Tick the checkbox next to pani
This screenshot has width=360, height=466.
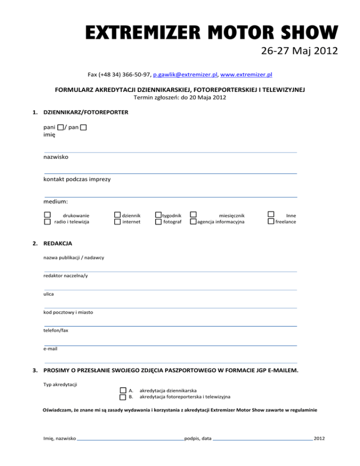tap(61, 128)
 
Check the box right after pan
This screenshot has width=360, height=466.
tap(83, 128)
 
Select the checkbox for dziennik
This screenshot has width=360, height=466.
tap(117, 215)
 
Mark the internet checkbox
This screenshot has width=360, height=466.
tap(117, 222)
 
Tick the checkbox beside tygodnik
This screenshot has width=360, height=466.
tap(158, 215)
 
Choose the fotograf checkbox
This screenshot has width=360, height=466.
tap(158, 222)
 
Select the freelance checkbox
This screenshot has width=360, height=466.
tap(270, 222)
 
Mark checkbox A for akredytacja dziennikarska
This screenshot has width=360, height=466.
tap(122, 390)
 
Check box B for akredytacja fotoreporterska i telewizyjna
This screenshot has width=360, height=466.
tap(122, 397)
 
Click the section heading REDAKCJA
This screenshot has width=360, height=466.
tap(57, 244)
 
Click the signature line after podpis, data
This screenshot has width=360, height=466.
tap(262, 440)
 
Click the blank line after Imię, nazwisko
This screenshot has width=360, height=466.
tap(130, 440)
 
